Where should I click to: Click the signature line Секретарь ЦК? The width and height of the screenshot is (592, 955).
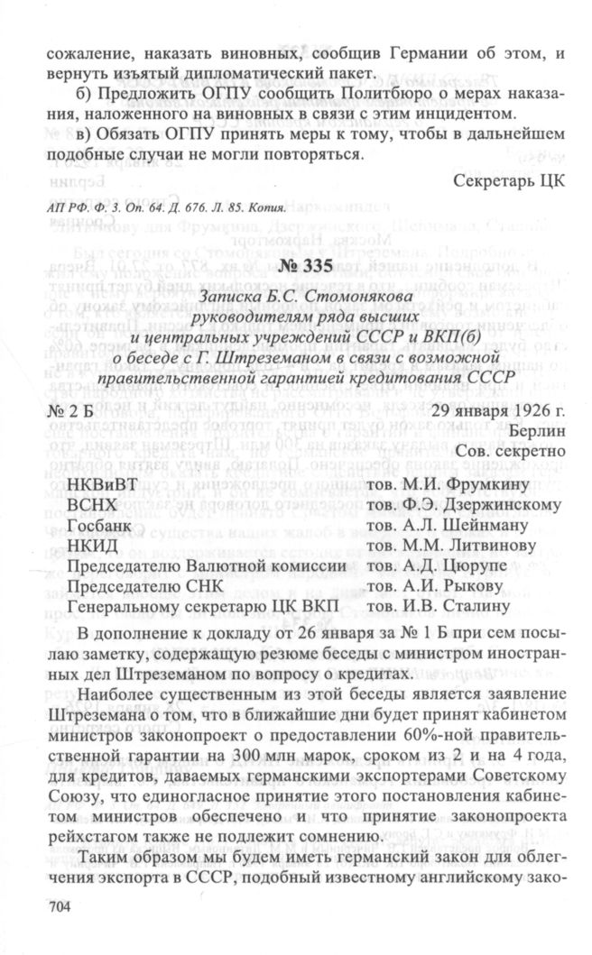click(509, 179)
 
